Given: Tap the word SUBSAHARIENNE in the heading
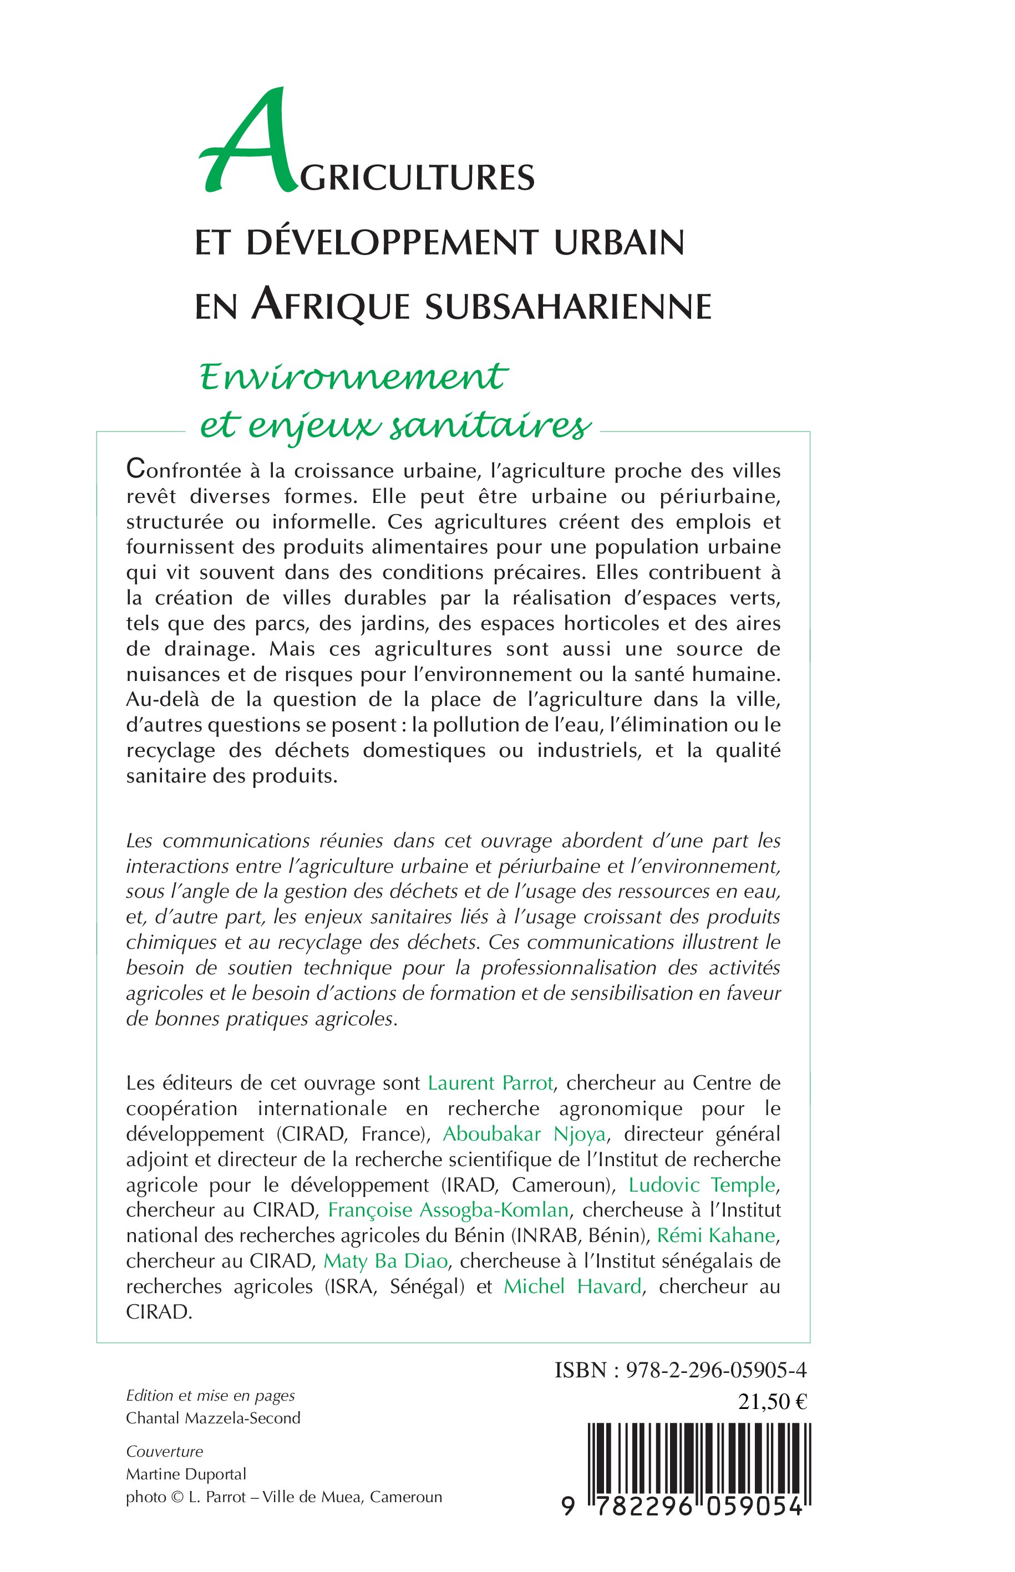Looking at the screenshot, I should (x=568, y=307).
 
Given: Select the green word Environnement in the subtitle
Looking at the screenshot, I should (x=353, y=377).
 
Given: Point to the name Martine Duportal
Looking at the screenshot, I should (x=186, y=1474).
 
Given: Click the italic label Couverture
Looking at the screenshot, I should (x=165, y=1452).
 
